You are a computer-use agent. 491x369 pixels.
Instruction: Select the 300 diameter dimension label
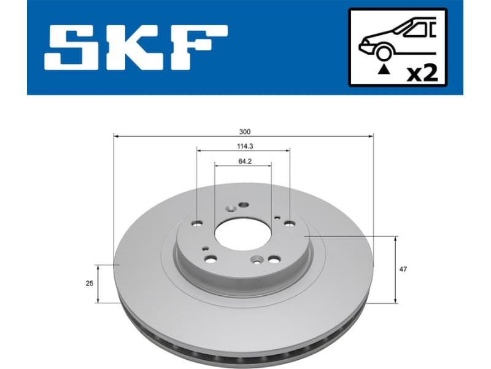[245, 131]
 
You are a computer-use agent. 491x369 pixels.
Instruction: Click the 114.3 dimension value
[244, 146]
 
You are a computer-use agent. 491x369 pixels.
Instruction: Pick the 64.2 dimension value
[244, 161]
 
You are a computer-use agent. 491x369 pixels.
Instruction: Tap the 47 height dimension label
[403, 269]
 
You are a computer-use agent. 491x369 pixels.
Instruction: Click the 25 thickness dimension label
[90, 284]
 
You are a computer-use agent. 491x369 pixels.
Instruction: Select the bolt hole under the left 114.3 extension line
[198, 223]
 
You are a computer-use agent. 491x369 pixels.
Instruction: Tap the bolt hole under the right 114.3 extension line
[289, 222]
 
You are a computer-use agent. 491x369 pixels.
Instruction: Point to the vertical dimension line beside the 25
[98, 284]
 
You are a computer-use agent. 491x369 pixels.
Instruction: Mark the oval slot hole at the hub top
[243, 205]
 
